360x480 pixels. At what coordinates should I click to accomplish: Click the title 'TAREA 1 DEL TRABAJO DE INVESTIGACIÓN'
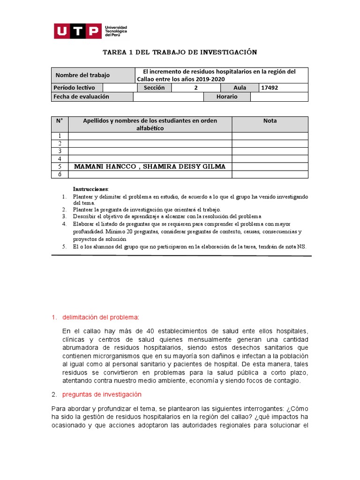(x=180, y=52)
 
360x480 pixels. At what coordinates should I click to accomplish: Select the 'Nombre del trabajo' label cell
(x=82, y=75)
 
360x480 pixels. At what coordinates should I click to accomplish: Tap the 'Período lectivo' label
(x=74, y=88)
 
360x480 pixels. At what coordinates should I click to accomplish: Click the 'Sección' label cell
(x=154, y=88)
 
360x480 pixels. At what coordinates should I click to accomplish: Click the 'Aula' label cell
(x=240, y=88)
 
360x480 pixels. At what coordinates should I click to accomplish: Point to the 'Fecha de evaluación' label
(x=82, y=97)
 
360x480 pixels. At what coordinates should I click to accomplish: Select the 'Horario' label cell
(x=227, y=97)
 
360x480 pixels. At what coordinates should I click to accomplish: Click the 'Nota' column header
(x=270, y=121)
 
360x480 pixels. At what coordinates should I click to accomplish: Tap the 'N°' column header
(x=60, y=121)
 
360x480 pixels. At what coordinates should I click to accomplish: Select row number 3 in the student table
(x=60, y=151)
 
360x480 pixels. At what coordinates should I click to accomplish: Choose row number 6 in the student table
(x=60, y=174)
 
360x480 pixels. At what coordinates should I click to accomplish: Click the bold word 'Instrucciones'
(x=90, y=188)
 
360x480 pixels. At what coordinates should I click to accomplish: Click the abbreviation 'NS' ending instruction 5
(x=301, y=247)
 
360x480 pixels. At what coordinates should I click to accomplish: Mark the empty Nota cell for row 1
(x=270, y=136)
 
